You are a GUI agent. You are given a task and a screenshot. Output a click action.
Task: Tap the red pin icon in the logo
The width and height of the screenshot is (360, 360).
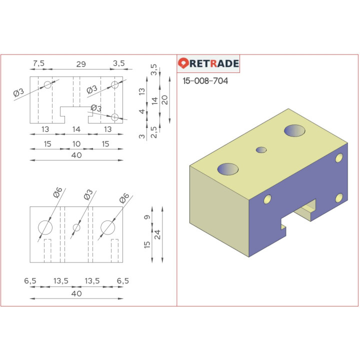coord(183,63)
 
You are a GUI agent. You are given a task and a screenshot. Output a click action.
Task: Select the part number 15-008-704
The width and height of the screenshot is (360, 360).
coord(205,81)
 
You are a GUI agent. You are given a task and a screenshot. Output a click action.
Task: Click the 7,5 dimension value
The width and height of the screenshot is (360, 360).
coord(38,63)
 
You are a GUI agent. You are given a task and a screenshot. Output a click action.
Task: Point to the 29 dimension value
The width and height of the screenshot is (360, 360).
coord(80,63)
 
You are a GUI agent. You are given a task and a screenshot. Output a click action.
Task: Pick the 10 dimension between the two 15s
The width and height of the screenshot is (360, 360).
coord(76,143)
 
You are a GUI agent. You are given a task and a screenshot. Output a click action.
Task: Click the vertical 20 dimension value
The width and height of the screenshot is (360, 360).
coord(164,99)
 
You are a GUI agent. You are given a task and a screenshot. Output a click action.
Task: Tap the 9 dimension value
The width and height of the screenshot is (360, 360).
coord(146,217)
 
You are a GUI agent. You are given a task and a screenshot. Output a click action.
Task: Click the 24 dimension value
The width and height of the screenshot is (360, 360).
coord(157,233)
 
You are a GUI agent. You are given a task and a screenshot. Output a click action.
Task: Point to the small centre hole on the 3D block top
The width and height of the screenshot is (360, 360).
coord(261,149)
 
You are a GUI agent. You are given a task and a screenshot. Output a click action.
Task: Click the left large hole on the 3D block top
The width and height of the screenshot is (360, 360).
coord(228,169)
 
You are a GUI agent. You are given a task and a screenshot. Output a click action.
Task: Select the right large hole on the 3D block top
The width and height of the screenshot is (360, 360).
coord(294,130)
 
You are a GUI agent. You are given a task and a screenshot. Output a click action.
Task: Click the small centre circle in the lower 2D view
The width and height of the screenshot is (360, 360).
coord(76,227)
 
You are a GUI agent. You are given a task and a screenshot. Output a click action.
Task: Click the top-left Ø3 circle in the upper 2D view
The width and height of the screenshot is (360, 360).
coord(47,85)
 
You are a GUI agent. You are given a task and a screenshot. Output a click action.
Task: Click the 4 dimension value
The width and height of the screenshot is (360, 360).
coord(142,111)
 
